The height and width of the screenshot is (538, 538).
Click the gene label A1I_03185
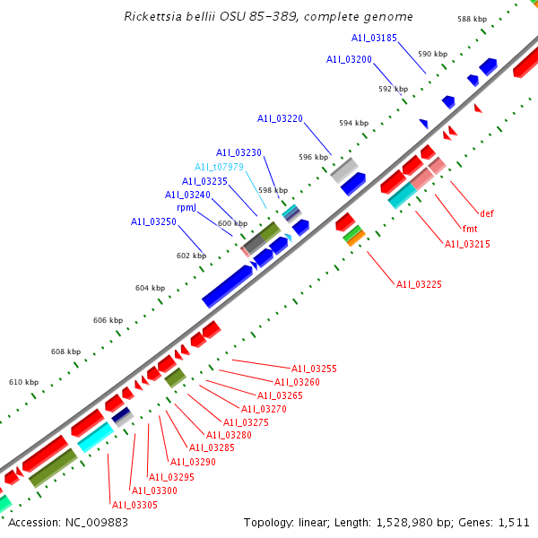coord(375,38)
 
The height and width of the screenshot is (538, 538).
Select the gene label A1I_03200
coord(349,59)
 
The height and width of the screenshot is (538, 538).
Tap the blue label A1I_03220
coord(280,118)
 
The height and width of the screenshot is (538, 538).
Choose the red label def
coord(487,213)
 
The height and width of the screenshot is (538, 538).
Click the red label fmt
coord(470,229)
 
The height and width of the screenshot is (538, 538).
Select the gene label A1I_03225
coord(419,284)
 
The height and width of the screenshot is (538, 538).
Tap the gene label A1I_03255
coord(314,369)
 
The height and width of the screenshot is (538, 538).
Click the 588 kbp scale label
coord(472,19)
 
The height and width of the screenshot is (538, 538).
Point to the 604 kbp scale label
coord(150,288)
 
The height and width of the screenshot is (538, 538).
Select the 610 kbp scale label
coord(23,383)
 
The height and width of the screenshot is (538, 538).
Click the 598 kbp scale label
coord(273,190)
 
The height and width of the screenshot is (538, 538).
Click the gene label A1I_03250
coord(153,221)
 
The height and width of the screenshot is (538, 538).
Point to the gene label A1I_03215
coord(467,244)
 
